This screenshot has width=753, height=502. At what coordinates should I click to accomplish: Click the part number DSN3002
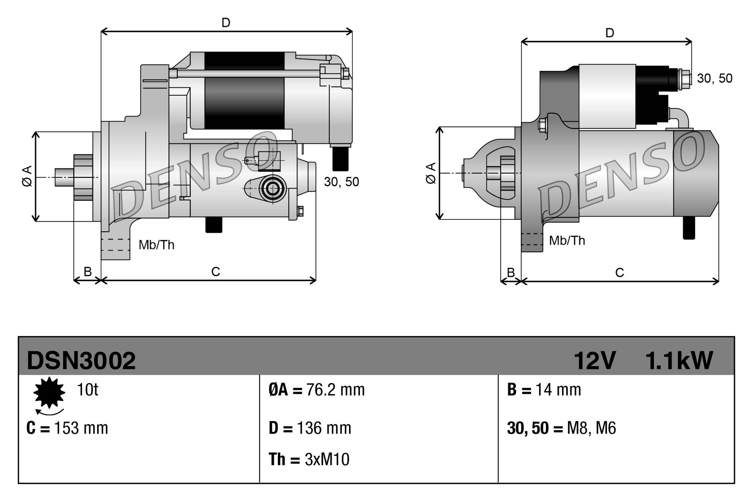point(81,360)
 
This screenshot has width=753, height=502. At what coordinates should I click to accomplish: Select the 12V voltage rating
point(594,360)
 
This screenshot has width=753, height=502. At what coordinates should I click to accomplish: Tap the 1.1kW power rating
point(679,360)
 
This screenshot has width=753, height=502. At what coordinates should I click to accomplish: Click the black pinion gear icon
point(49,392)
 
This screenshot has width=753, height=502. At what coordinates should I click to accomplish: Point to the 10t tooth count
point(87,389)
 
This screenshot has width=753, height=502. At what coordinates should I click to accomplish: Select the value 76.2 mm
point(335,390)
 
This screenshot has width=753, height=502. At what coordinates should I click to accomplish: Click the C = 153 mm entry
point(67,428)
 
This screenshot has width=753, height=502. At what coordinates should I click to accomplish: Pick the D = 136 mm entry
point(310,428)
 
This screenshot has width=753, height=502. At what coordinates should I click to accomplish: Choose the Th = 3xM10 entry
point(309,459)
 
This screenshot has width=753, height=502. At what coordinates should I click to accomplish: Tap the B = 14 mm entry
point(544,390)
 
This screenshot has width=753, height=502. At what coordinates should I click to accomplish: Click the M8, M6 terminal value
point(591,428)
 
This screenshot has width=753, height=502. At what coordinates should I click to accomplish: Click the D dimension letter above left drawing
point(226,23)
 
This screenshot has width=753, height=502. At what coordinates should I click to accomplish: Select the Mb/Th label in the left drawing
point(156,245)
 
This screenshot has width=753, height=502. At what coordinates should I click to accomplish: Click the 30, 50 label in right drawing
point(714,78)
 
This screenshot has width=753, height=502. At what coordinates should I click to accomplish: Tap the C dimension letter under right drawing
point(619,272)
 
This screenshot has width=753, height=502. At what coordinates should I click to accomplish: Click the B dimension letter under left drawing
point(87,272)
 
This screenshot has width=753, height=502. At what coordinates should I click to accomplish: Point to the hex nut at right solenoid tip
point(686,79)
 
